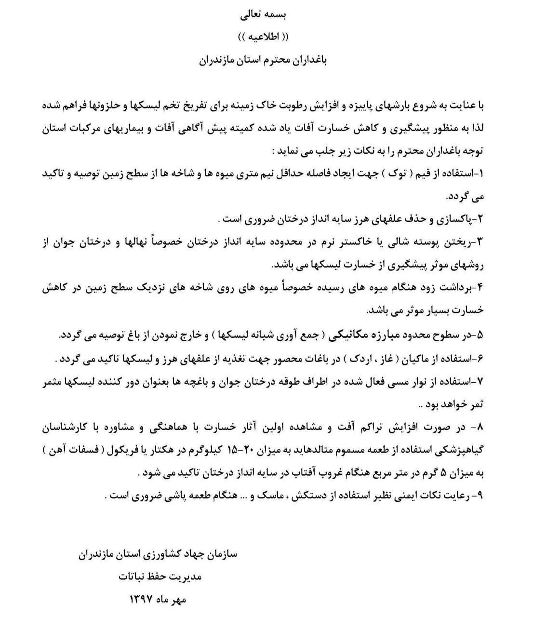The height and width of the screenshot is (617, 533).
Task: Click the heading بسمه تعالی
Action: pos(264,14)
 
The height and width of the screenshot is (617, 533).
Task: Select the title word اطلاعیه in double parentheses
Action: pos(264,37)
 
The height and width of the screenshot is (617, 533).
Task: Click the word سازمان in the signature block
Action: pos(220,554)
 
